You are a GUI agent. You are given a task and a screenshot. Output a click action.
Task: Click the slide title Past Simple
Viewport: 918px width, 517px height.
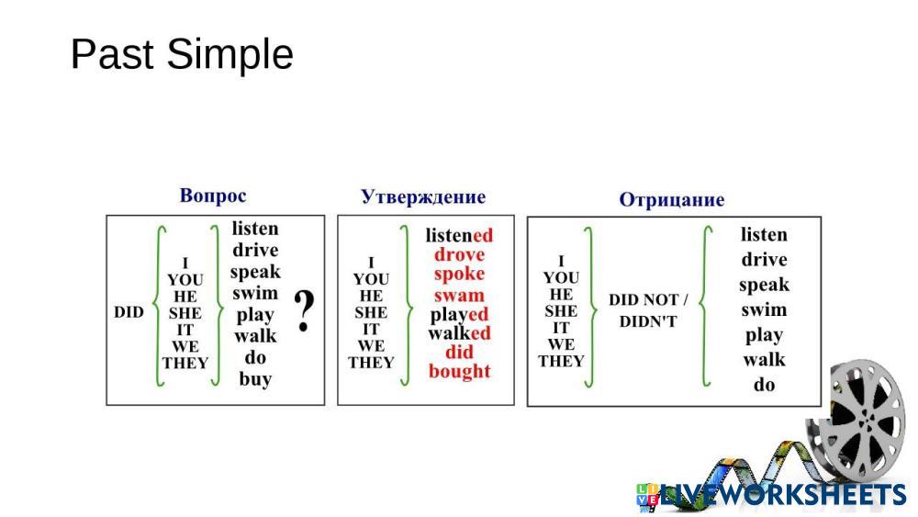coord(182,54)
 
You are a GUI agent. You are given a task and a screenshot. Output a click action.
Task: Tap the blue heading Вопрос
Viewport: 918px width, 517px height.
coord(213,196)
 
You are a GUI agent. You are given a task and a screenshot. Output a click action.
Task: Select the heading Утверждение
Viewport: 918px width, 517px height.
coord(423,197)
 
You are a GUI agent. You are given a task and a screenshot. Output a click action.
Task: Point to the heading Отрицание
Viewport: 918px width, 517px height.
coord(671,200)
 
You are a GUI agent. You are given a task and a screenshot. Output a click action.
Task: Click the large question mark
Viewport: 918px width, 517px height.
coord(305,311)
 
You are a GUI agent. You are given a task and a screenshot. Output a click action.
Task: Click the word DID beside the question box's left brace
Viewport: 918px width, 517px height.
coord(129,312)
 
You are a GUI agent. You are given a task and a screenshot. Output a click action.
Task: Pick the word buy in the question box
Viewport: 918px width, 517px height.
coord(255,378)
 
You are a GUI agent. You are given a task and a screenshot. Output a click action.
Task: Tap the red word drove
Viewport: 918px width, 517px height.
coord(459,254)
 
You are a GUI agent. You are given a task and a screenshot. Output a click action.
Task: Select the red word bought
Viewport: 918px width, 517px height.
coord(459,371)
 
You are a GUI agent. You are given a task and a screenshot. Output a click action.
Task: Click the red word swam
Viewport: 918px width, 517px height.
coord(459,295)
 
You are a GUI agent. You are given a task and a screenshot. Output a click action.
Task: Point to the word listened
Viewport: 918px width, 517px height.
coord(459,235)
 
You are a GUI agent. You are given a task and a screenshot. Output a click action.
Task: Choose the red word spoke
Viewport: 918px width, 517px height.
coord(459,274)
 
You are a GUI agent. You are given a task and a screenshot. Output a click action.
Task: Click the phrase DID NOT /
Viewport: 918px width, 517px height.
coord(648,300)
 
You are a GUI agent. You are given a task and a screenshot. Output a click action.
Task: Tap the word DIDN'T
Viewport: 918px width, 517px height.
coord(648,321)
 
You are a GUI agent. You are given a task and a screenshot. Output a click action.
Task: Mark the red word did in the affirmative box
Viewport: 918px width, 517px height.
coord(459,352)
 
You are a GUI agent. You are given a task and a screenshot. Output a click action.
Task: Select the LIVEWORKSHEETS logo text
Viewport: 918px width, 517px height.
coord(780,495)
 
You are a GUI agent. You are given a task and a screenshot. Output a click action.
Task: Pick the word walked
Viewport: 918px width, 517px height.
coord(459,332)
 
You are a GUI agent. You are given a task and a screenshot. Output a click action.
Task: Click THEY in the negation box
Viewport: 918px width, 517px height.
coord(561,361)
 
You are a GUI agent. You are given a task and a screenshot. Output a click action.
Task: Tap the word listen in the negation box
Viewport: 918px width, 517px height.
coord(764,235)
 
